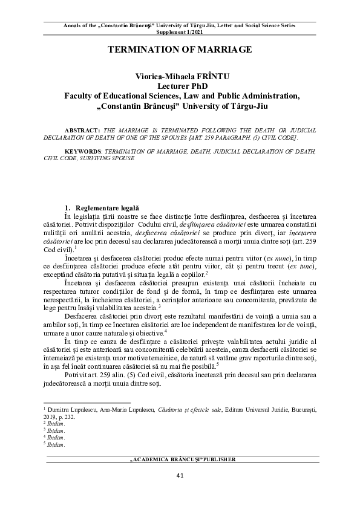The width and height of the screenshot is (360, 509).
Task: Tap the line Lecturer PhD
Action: coord(179,86)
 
